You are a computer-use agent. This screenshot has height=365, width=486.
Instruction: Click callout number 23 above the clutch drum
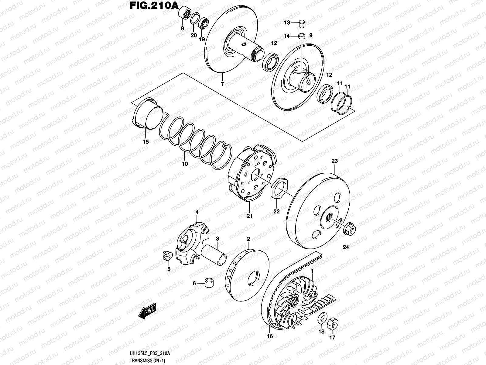click(334, 161)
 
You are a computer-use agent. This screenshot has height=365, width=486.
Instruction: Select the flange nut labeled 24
click(349, 230)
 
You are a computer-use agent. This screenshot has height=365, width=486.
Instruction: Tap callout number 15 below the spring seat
click(146, 142)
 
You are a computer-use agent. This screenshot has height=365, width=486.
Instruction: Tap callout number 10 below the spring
click(185, 164)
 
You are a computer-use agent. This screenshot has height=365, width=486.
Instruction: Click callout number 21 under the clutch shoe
click(249, 216)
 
